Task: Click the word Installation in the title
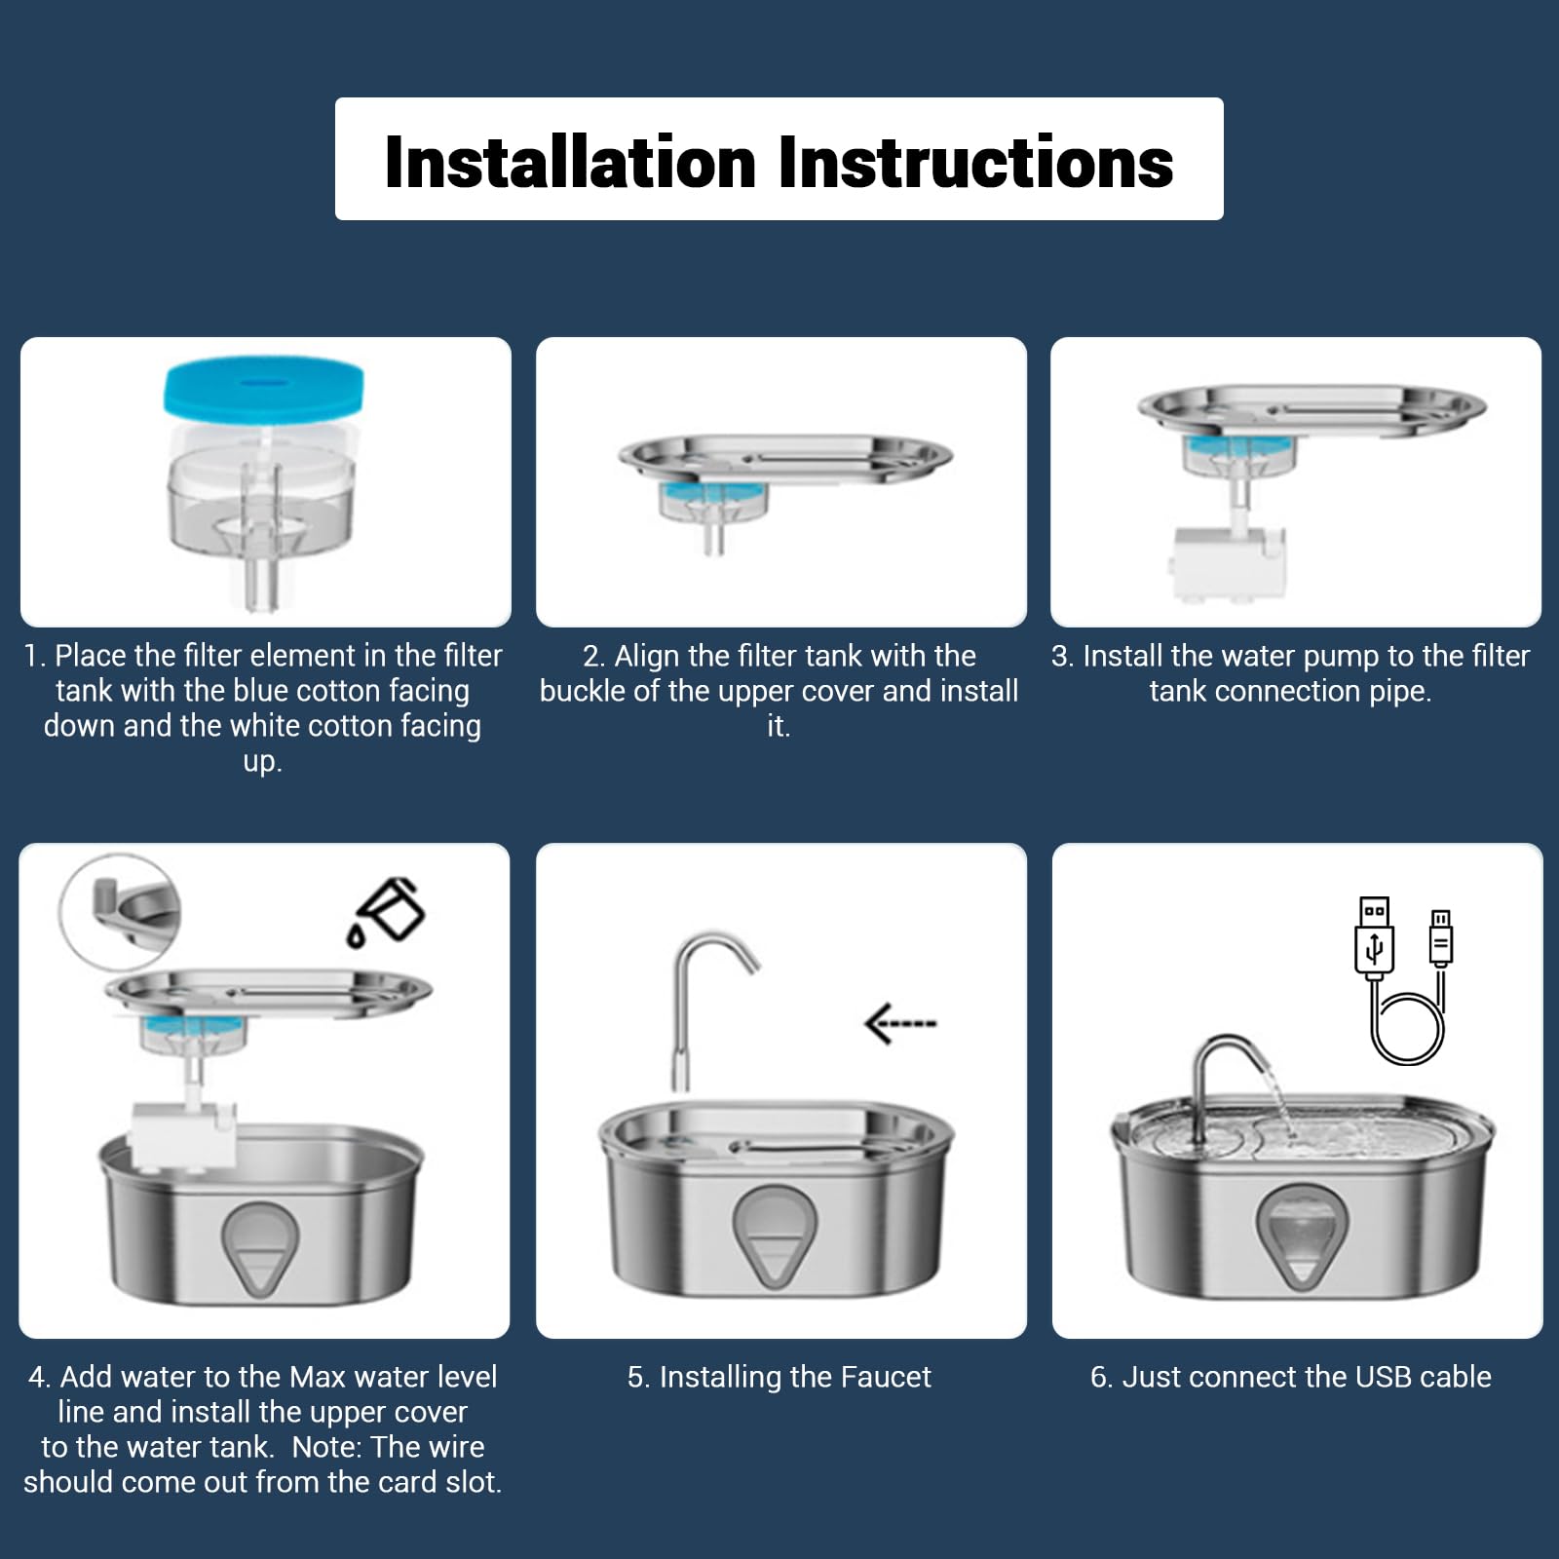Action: (x=570, y=162)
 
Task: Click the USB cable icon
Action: (x=1400, y=980)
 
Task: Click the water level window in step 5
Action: (x=774, y=1237)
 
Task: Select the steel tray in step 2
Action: (x=785, y=459)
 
